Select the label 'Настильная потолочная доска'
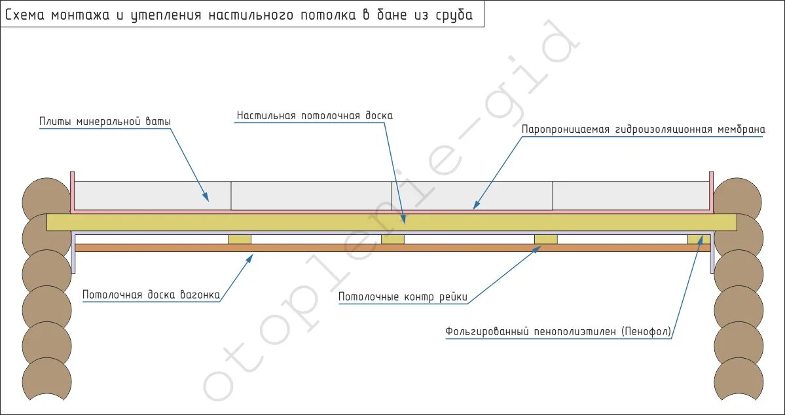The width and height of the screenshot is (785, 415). tap(314, 116)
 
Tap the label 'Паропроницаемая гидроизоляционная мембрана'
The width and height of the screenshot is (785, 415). tap(643, 130)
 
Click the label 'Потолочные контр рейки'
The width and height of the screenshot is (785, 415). tap(403, 298)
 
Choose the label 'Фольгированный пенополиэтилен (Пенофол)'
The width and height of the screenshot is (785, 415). tap(558, 332)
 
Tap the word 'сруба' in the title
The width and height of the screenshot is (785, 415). tap(454, 15)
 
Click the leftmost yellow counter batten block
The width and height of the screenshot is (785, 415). tap(239, 239)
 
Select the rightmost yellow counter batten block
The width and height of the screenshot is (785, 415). tap(699, 239)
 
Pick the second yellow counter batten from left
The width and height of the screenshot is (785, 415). tap(392, 239)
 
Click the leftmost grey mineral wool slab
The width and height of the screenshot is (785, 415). tap(153, 196)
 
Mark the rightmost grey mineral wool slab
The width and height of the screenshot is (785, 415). tap(630, 196)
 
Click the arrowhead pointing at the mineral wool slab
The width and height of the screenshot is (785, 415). tap(206, 197)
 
